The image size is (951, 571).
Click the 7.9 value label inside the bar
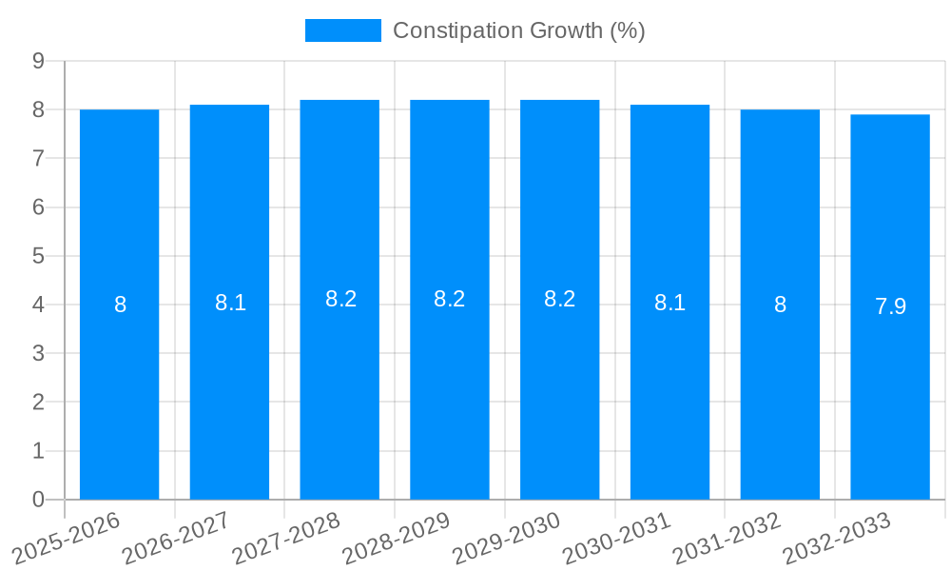(x=890, y=306)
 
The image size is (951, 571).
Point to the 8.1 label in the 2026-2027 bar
(x=230, y=303)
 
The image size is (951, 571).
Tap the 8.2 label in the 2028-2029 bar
(x=450, y=299)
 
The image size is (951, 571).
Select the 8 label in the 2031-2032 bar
(x=780, y=305)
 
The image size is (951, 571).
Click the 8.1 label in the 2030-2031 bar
(x=670, y=303)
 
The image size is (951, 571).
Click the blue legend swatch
(x=342, y=30)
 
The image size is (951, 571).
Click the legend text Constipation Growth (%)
(x=518, y=30)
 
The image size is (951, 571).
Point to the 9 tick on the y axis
(x=39, y=61)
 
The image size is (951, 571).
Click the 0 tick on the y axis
(x=39, y=500)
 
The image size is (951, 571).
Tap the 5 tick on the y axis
(x=39, y=256)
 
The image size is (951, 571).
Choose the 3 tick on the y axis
(x=39, y=353)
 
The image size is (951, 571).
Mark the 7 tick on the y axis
(x=39, y=158)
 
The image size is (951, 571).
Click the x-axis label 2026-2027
(x=177, y=538)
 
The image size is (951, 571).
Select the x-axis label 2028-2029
(x=397, y=538)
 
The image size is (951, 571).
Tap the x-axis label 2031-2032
(x=727, y=538)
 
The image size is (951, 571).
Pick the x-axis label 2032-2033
(x=837, y=538)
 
